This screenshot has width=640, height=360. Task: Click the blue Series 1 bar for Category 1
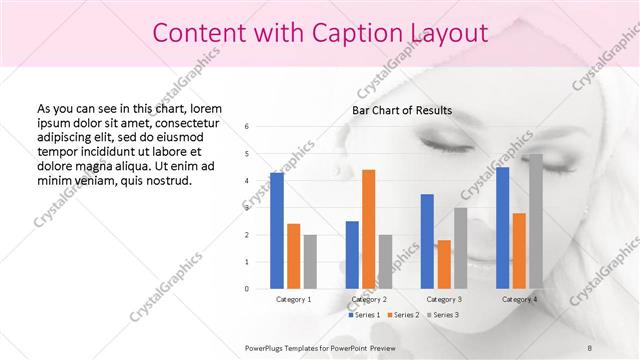(277, 230)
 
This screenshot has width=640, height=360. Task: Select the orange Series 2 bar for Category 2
(369, 229)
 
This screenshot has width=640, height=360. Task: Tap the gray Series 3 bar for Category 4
(536, 221)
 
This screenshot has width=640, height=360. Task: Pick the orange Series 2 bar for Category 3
(444, 264)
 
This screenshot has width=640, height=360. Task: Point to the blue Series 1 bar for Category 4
(502, 227)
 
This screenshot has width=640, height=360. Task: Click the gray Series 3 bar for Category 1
(310, 261)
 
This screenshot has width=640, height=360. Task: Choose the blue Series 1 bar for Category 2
(352, 254)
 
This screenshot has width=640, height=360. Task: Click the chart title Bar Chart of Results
(402, 110)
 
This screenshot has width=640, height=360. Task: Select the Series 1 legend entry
(365, 315)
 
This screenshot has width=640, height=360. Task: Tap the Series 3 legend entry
(442, 315)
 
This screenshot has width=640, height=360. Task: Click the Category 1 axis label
(293, 299)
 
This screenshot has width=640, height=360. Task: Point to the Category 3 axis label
(444, 299)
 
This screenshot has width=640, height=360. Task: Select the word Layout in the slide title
(449, 33)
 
